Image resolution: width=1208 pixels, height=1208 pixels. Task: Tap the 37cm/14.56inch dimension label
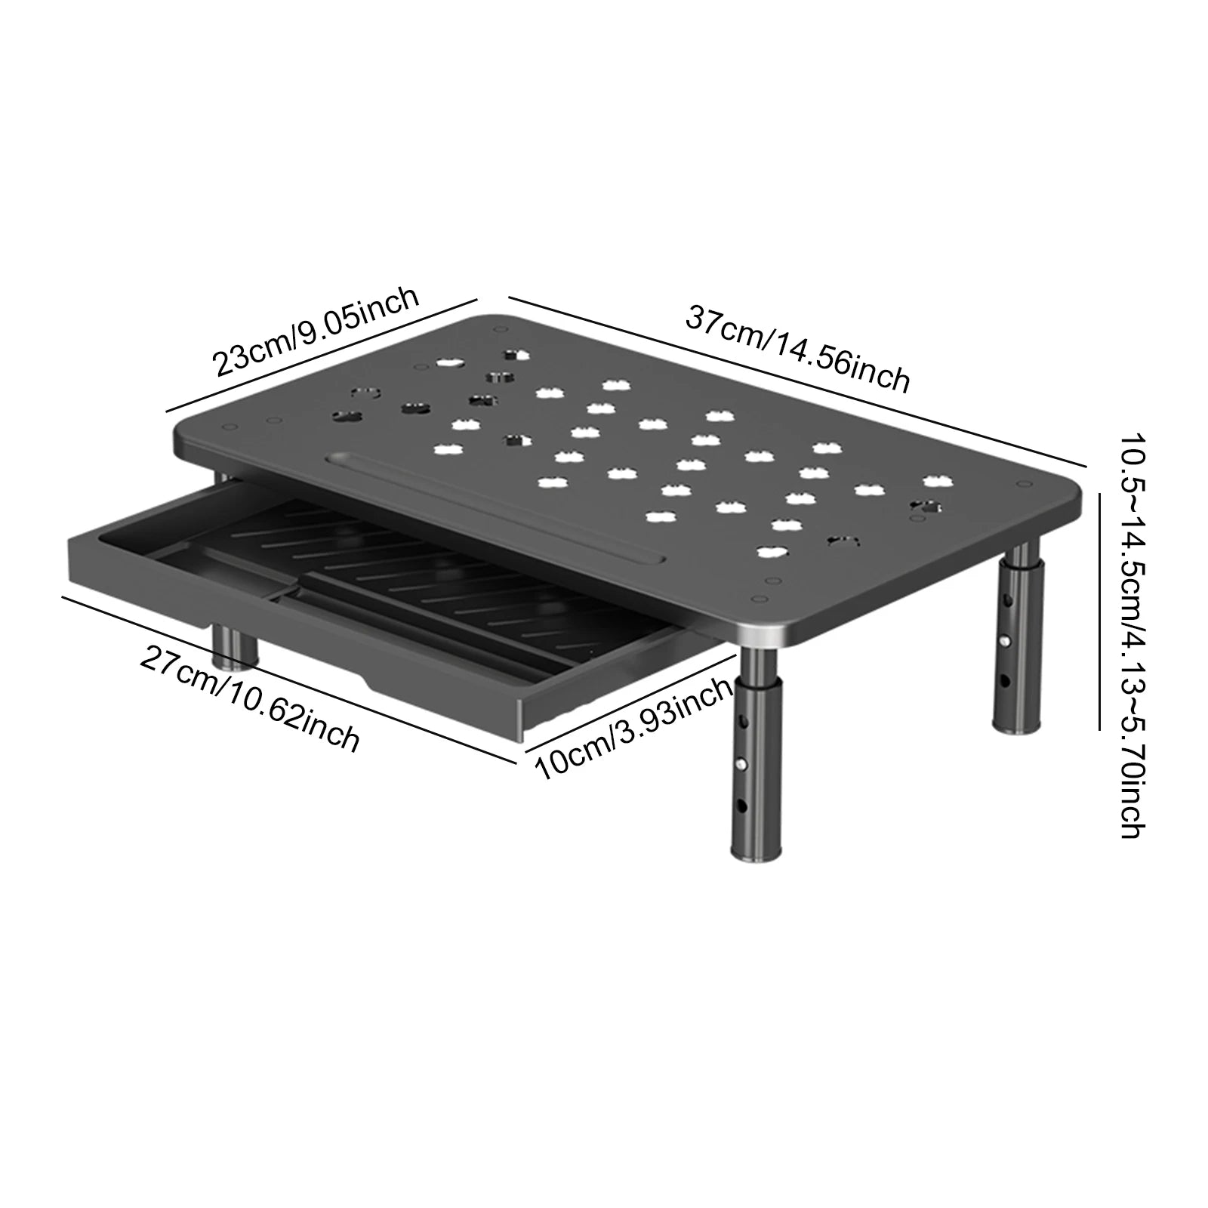[797, 348]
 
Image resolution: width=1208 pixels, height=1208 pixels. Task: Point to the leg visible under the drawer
[233, 646]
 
